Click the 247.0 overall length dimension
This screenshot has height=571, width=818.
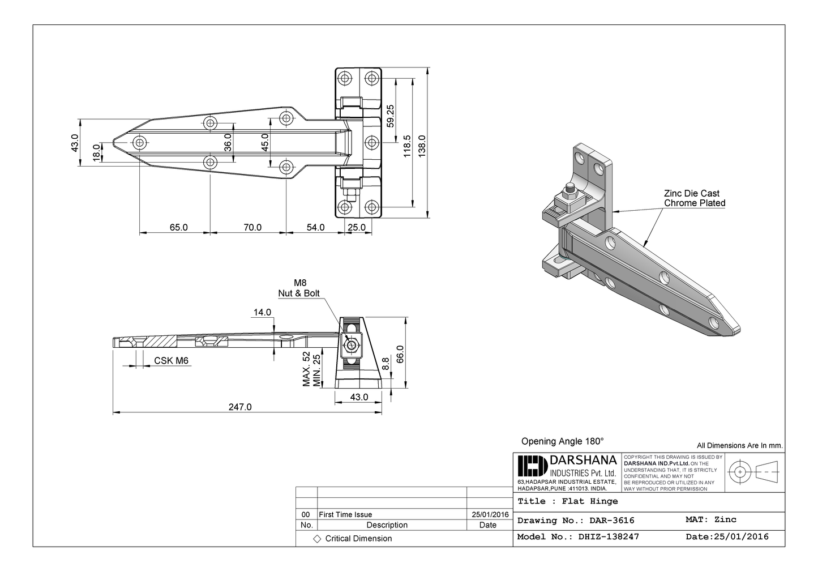pyautogui.click(x=239, y=407)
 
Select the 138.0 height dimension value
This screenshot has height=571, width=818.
pyautogui.click(x=421, y=143)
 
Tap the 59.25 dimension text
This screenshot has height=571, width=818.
pyautogui.click(x=391, y=116)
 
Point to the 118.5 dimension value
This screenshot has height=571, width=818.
pyautogui.click(x=406, y=146)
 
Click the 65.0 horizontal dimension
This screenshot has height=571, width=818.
pyautogui.click(x=178, y=227)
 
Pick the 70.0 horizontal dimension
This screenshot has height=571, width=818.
pyautogui.click(x=252, y=227)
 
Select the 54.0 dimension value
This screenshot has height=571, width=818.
pyautogui.click(x=315, y=227)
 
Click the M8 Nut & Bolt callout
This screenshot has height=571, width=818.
pyautogui.click(x=299, y=288)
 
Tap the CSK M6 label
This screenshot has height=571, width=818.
pyautogui.click(x=171, y=361)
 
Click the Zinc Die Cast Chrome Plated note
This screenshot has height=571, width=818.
pyautogui.click(x=694, y=198)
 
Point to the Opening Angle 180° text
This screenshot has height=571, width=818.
pyautogui.click(x=562, y=441)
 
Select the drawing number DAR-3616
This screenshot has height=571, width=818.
pyautogui.click(x=611, y=520)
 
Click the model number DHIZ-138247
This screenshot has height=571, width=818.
pyautogui.click(x=609, y=536)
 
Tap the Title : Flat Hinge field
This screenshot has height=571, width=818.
pyautogui.click(x=568, y=501)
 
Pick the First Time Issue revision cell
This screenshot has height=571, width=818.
pyautogui.click(x=345, y=514)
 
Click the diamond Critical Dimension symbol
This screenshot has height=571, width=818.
pyautogui.click(x=317, y=538)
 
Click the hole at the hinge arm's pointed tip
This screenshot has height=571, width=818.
pyautogui.click(x=139, y=142)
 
